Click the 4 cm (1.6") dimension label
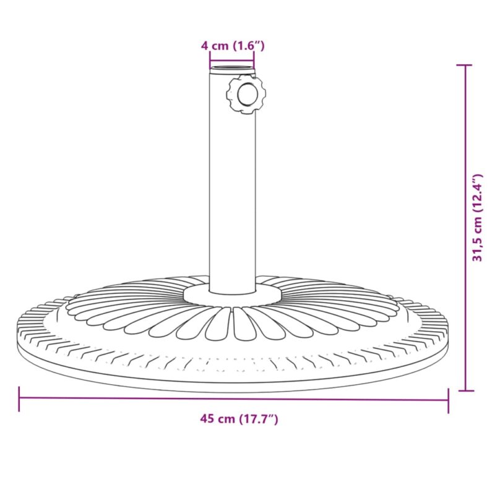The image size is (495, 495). [233, 45]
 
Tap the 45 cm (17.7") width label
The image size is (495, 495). [239, 419]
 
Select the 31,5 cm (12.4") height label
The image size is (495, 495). [477, 218]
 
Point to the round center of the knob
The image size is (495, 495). [247, 95]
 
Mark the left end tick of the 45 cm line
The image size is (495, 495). [19, 399]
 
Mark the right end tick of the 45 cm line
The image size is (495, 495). [447, 399]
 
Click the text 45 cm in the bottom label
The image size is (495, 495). [217, 419]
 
